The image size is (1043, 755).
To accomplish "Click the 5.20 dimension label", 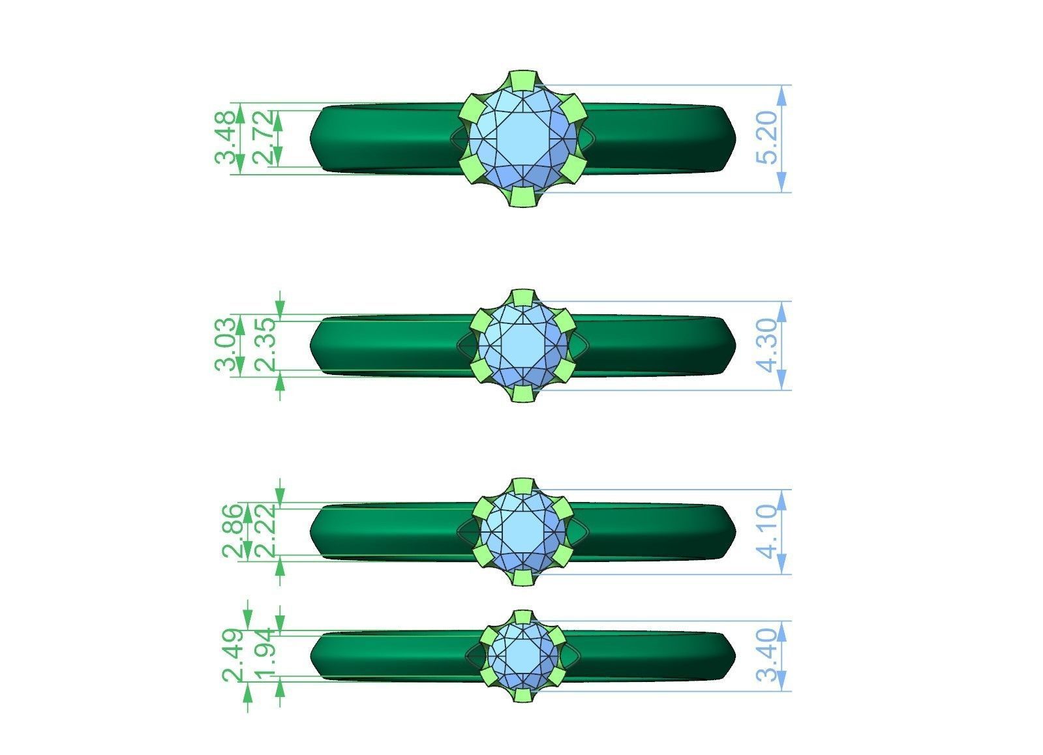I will (770, 138).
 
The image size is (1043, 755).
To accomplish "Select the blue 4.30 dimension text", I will (770, 345).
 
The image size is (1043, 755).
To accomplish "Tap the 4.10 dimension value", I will (770, 531).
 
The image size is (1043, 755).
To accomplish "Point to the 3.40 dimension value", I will (770, 655).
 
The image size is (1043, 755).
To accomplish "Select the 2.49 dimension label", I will (233, 655).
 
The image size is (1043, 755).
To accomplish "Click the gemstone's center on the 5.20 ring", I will (523, 139).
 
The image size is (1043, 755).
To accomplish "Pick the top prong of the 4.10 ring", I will (522, 486).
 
